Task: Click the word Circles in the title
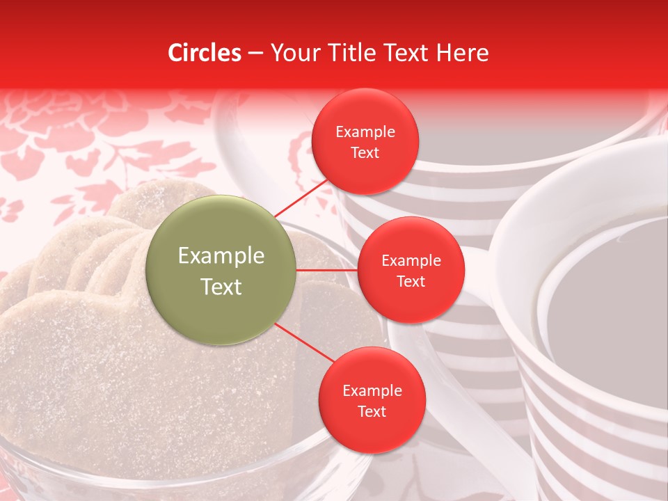[205, 53]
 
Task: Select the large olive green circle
[221, 270]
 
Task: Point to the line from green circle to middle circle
[327, 269]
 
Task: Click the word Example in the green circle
[221, 256]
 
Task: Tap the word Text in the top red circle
[365, 153]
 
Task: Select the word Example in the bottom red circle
[372, 391]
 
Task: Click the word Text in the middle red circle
[411, 282]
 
